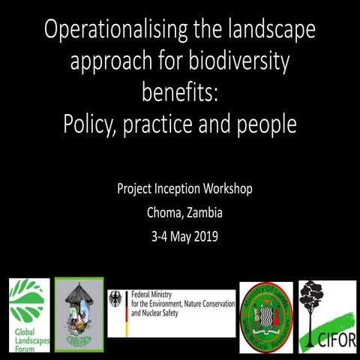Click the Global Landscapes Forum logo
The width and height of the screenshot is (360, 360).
coord(28,315)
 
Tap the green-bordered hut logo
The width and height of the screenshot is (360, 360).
coord(79,313)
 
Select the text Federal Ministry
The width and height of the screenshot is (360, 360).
coord(154,295)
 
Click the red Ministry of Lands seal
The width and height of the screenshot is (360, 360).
coord(265,313)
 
